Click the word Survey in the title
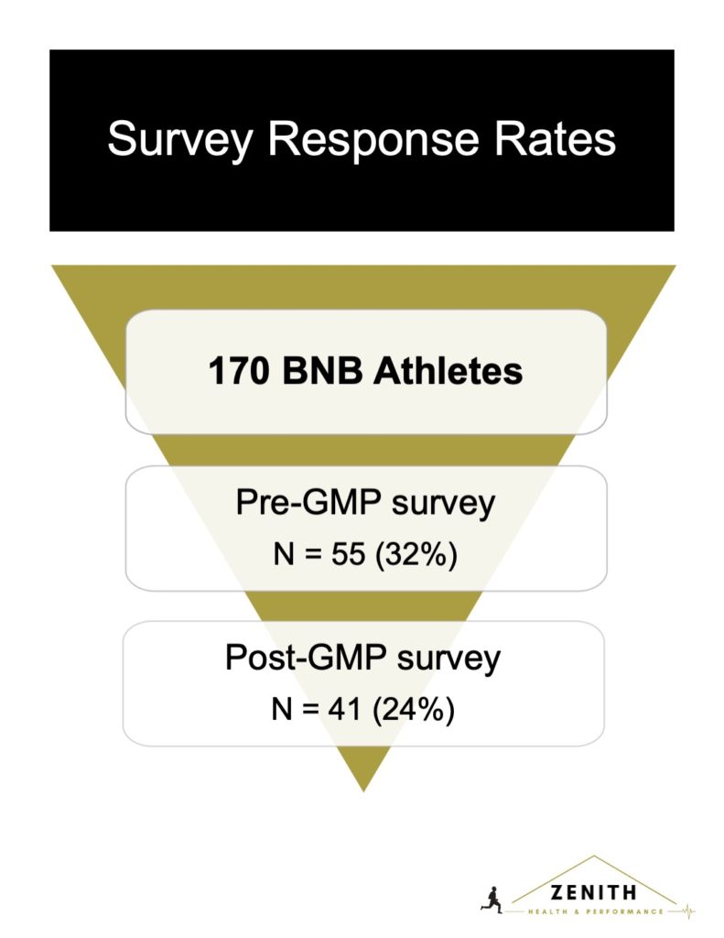click(180, 140)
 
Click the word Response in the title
click(373, 140)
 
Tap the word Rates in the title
click(555, 139)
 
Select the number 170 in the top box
click(238, 371)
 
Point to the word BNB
click(323, 371)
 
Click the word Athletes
click(448, 371)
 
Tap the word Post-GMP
click(305, 658)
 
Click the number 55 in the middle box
click(348, 554)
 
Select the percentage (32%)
click(416, 554)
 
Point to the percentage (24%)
click(413, 710)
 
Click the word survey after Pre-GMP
click(443, 505)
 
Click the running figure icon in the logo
click(492, 900)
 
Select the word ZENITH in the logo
click(593, 893)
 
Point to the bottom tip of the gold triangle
click(363, 791)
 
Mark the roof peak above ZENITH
click(594, 856)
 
